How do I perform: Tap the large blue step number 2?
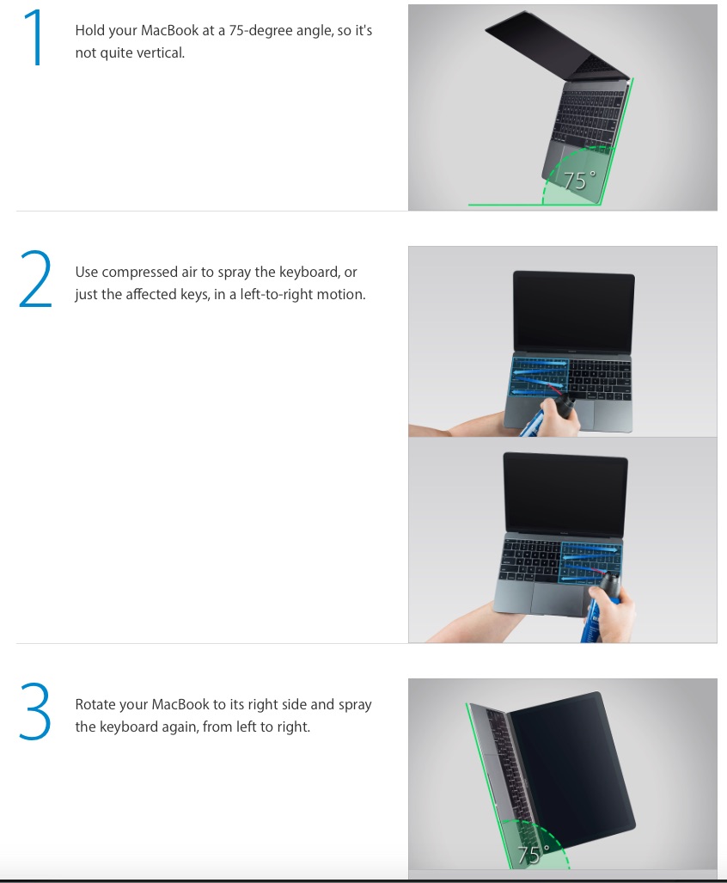tap(35, 279)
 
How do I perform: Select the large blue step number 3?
tap(35, 711)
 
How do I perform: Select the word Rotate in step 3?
tap(94, 704)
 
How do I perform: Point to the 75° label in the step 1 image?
tap(579, 181)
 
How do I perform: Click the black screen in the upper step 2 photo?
tap(574, 312)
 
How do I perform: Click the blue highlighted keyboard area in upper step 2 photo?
tap(539, 377)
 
